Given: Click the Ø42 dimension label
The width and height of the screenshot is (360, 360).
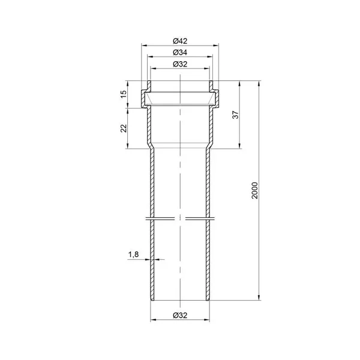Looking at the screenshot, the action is [180, 41].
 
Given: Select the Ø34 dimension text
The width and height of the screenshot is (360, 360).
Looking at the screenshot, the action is [180, 53].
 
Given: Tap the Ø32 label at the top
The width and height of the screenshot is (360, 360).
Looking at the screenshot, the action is [180, 64].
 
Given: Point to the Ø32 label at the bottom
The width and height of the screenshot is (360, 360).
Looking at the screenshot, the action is [180, 315].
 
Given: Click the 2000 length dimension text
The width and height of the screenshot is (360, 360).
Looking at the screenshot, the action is [255, 191].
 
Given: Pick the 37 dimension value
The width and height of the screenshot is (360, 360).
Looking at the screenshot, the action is [236, 115].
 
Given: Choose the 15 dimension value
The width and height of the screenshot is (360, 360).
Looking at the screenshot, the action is [124, 94].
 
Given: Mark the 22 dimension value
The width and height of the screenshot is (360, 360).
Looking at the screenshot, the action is [124, 128].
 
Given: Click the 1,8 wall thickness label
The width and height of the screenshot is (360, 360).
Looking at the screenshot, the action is [133, 254].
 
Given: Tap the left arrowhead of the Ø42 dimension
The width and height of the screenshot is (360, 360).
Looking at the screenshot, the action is [144, 45].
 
